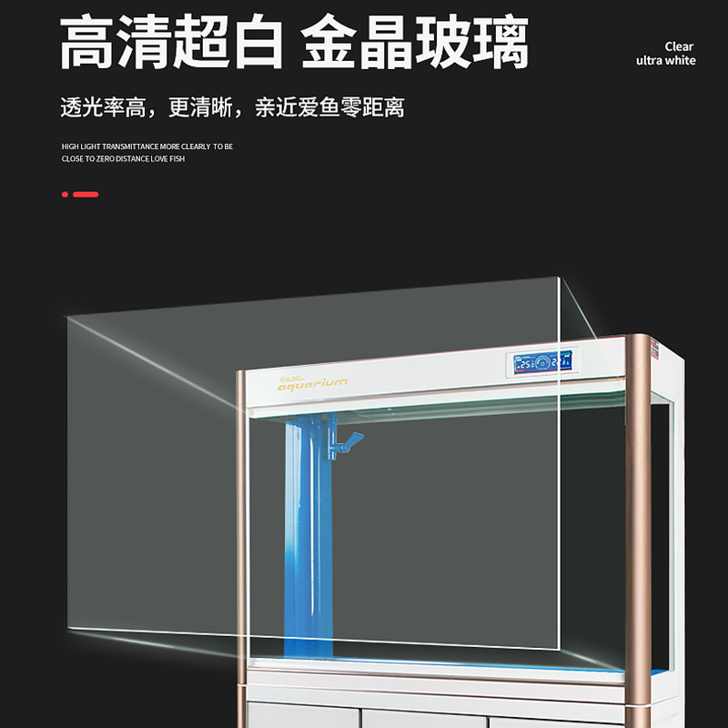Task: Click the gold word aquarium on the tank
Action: click(x=312, y=384)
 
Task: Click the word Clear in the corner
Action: click(x=679, y=46)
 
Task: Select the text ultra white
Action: click(x=665, y=61)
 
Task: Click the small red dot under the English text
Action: click(x=65, y=194)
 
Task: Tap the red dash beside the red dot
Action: click(x=86, y=194)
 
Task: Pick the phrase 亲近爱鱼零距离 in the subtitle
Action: click(x=329, y=107)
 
